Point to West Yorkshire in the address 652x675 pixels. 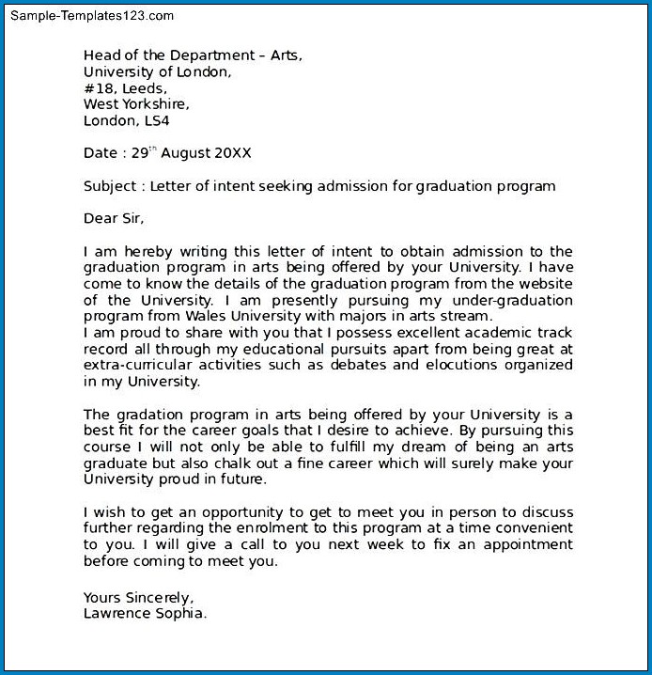tap(135, 104)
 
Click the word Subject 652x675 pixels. tap(111, 186)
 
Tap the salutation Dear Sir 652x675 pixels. tap(115, 219)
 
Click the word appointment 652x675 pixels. tap(525, 545)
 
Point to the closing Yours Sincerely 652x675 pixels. tap(138, 598)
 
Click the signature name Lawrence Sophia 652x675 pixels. tap(145, 613)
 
